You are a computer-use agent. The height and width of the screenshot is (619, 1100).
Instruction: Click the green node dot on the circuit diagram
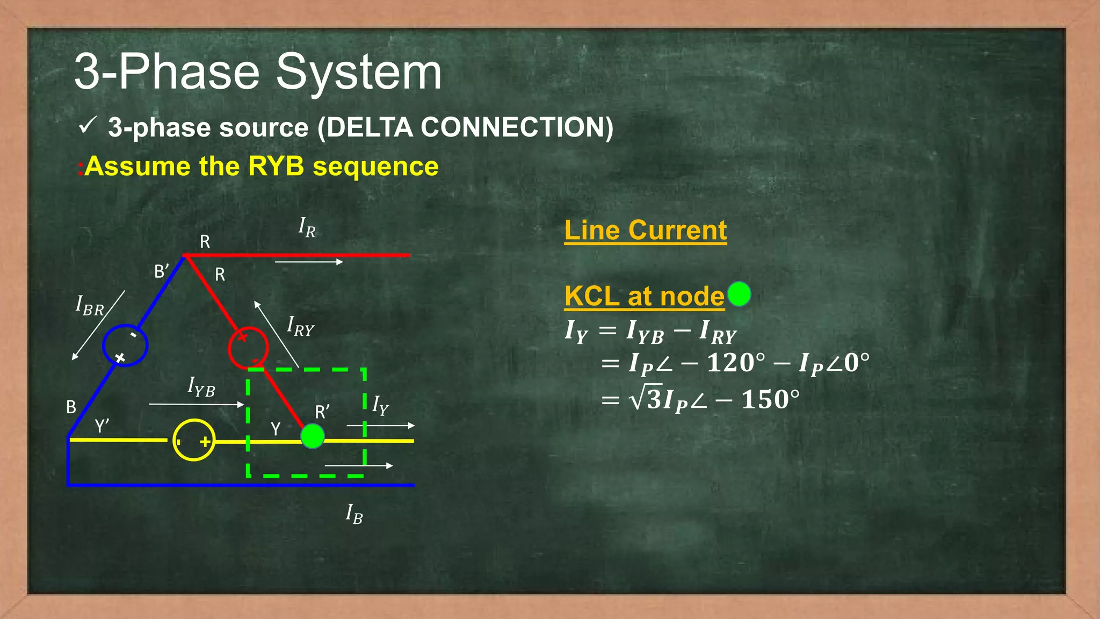click(313, 436)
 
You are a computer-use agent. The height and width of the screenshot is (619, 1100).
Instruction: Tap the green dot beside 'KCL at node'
click(739, 294)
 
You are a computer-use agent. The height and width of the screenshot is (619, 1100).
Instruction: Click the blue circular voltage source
click(125, 346)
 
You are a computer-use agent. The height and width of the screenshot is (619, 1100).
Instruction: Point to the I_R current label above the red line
click(307, 227)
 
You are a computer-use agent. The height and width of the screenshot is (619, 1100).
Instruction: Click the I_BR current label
click(90, 306)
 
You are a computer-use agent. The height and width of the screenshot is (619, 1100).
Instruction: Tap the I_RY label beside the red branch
click(300, 327)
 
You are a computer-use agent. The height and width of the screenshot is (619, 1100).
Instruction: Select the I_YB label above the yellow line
click(201, 387)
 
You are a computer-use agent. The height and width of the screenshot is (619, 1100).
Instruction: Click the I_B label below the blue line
click(354, 514)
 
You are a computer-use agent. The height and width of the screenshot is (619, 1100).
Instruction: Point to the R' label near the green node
click(322, 412)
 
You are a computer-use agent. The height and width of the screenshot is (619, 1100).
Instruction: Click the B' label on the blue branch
click(162, 271)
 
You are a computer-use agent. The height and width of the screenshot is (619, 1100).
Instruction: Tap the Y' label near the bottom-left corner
click(102, 426)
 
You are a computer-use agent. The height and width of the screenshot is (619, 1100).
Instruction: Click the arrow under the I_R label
click(309, 262)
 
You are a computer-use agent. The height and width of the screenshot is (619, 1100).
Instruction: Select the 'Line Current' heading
click(645, 231)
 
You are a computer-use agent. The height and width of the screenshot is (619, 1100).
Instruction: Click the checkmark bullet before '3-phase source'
click(87, 126)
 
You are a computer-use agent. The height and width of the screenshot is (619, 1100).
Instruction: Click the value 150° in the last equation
click(770, 400)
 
